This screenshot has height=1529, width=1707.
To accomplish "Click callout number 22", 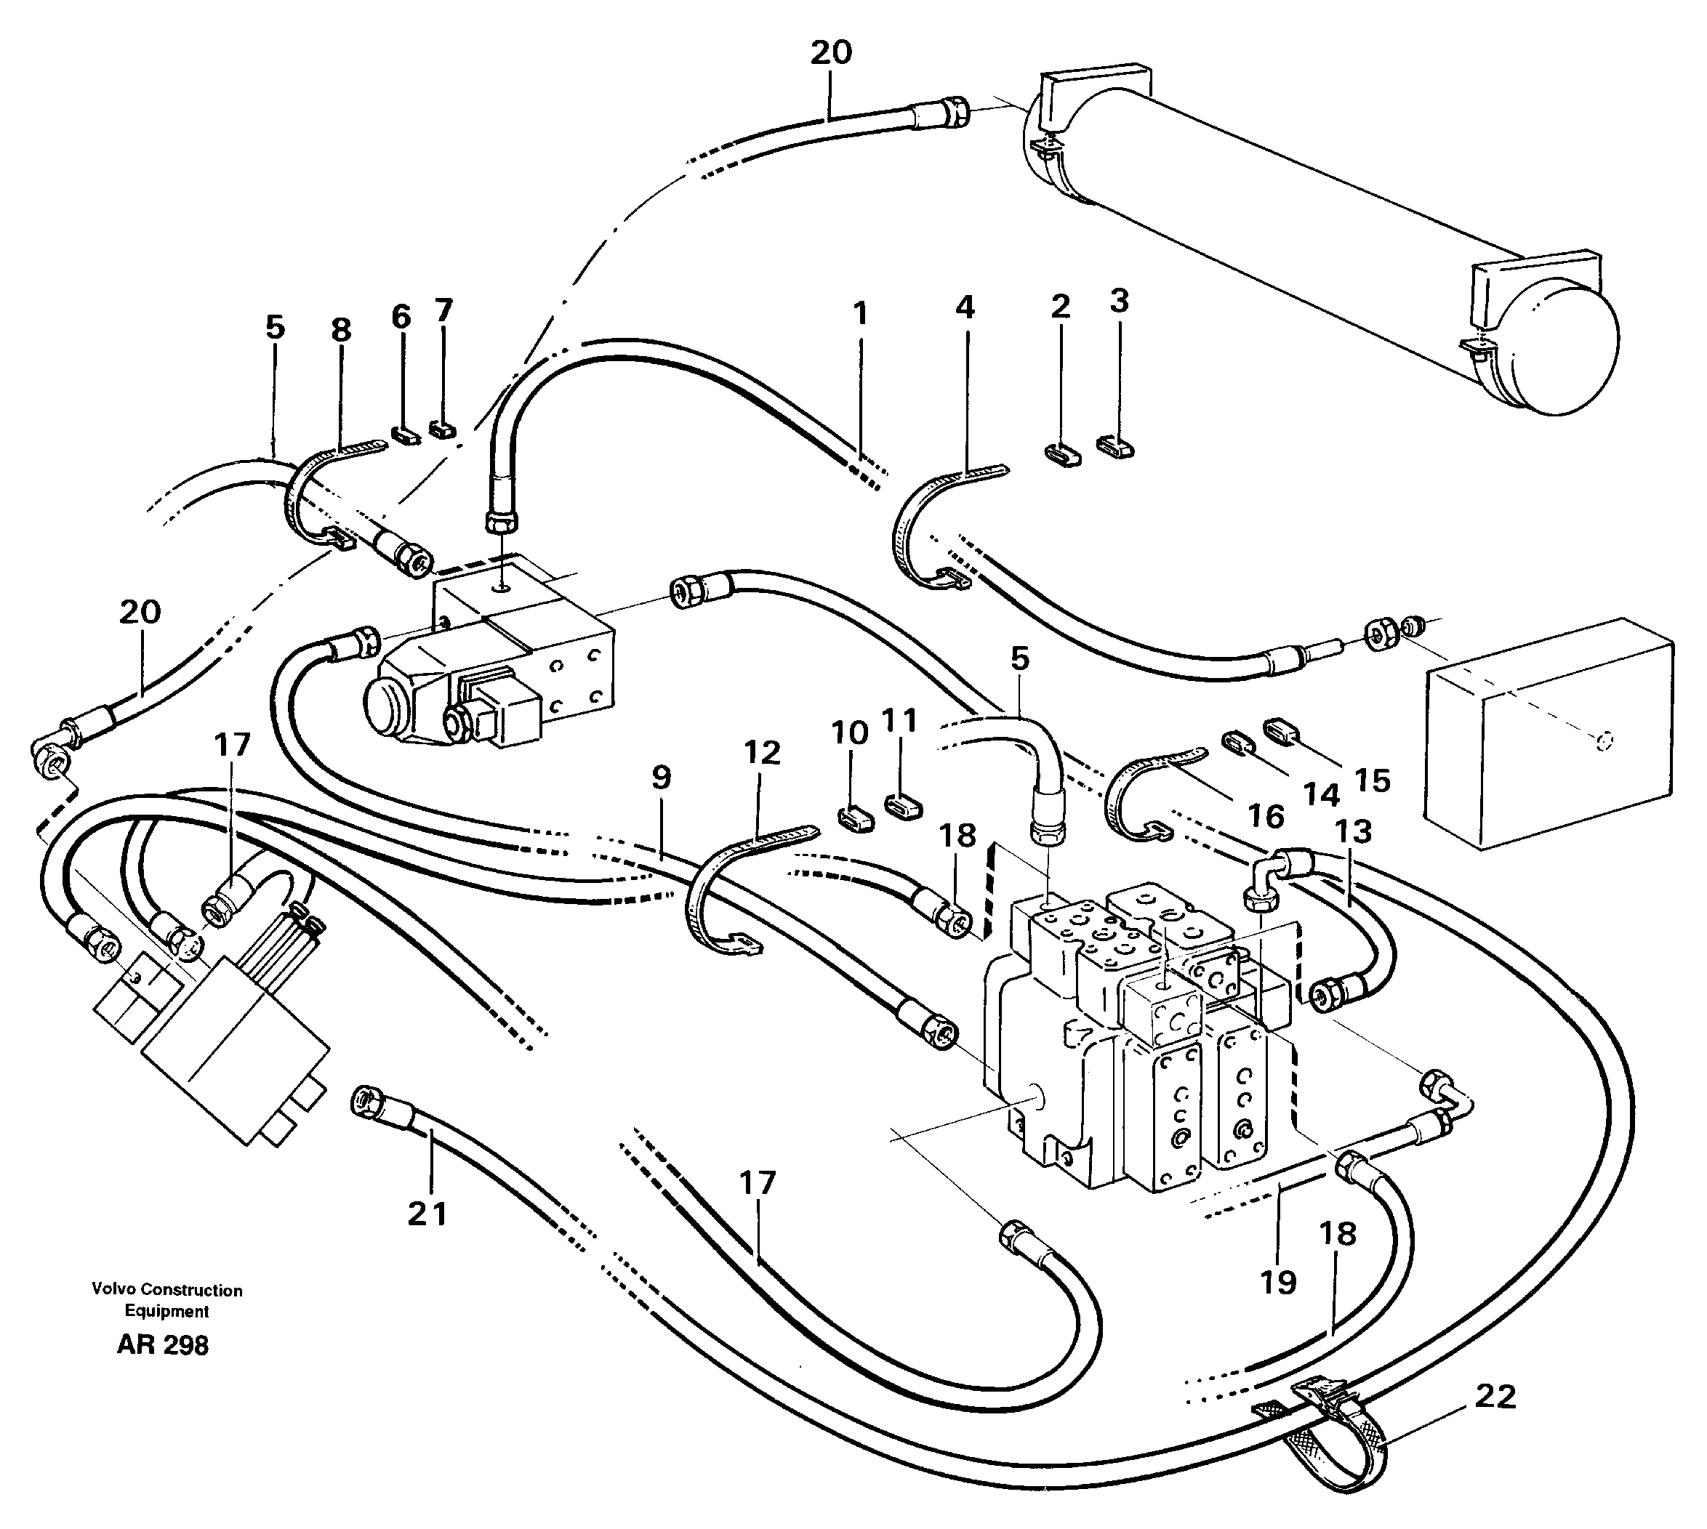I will pos(1495,1396).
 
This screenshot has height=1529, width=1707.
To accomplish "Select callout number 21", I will pos(427,1213).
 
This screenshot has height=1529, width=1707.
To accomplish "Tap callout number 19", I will pos(1277,1282).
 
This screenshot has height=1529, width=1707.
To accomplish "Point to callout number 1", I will pos(859,313).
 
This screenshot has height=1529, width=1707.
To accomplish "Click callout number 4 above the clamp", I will pos(965,307).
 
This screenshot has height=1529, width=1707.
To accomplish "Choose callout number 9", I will pos(662,777).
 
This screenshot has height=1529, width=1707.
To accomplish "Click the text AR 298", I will pos(162,1345).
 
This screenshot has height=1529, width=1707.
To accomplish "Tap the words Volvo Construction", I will pos(167,1290).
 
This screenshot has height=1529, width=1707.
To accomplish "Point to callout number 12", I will pos(761,752).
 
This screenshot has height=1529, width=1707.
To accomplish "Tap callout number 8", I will pos(340,330).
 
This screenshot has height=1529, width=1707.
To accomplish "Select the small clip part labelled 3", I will pos(1115,446).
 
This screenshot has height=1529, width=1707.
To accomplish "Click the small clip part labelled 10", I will pos(851,817).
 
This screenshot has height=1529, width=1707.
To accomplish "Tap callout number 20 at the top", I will pos(830,52).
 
